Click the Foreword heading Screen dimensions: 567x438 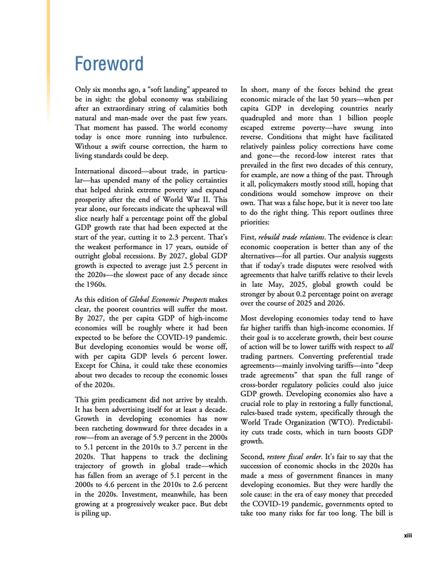(x=108, y=64)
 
